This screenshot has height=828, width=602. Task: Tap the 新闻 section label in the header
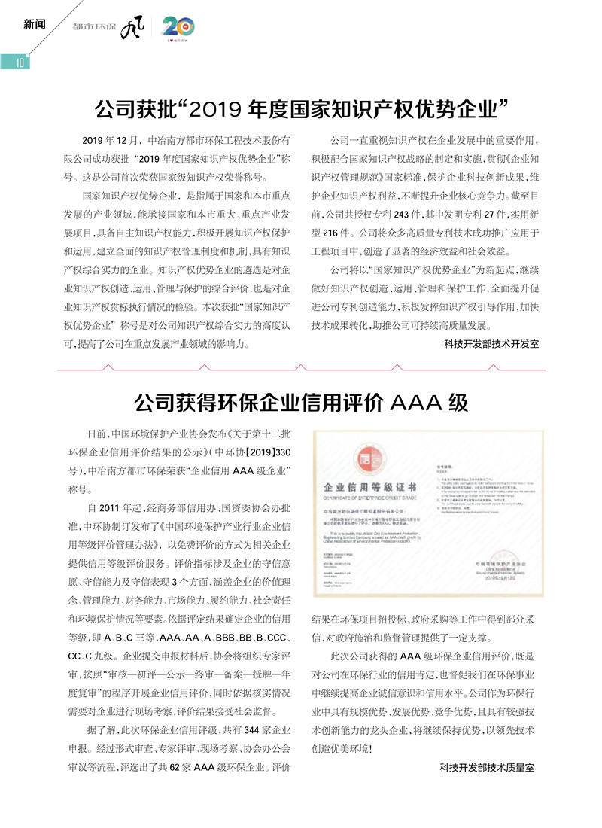pyautogui.click(x=35, y=24)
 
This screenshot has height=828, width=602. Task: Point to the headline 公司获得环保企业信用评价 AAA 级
pyautogui.click(x=301, y=403)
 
